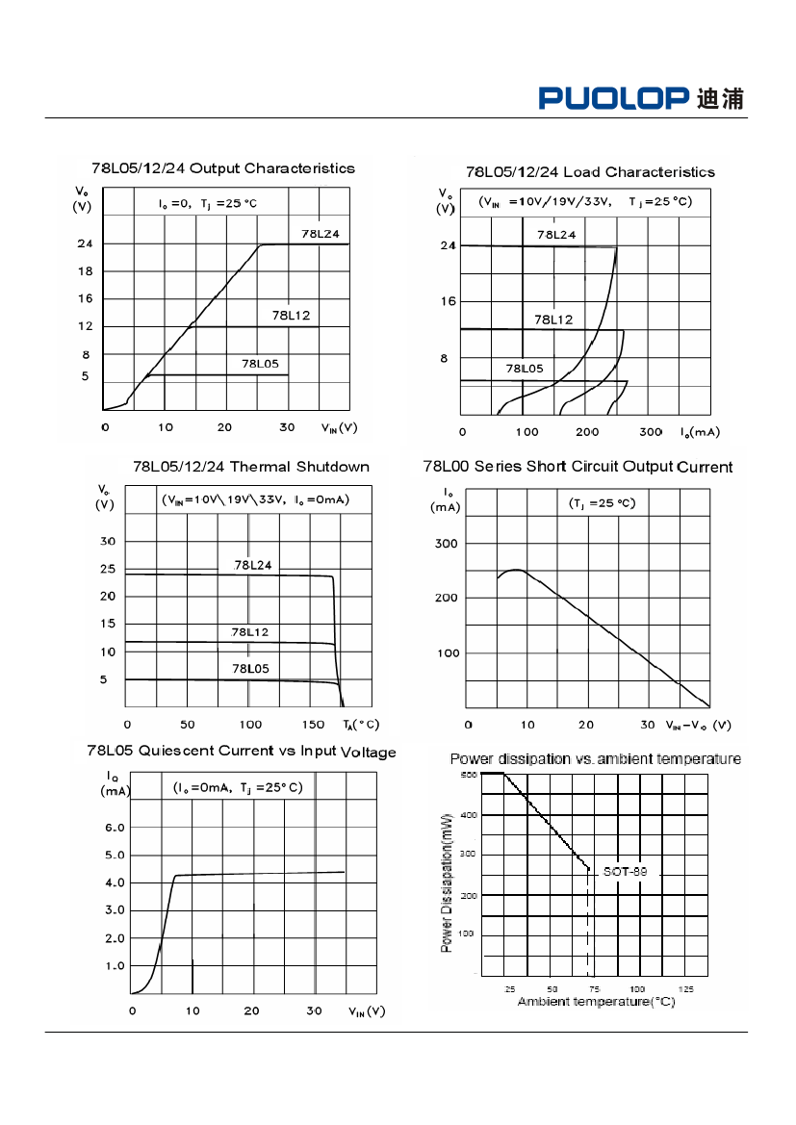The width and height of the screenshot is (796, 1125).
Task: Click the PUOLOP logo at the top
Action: tap(640, 98)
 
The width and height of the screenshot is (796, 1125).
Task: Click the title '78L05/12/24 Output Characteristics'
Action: tap(223, 168)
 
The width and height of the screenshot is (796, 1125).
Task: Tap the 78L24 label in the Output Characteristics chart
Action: tap(320, 234)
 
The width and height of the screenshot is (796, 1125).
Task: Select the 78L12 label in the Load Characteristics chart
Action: tap(553, 320)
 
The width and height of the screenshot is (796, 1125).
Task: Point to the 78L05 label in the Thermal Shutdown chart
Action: tap(250, 668)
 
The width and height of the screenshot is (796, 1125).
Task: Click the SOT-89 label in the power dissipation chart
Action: tap(625, 871)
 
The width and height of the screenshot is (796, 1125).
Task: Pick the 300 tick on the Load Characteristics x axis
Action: tap(651, 432)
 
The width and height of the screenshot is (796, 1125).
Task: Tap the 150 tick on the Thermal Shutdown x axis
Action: tap(314, 724)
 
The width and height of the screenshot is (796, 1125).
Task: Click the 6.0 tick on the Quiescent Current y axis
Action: tap(114, 828)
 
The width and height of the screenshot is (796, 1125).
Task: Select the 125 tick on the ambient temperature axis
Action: tap(686, 989)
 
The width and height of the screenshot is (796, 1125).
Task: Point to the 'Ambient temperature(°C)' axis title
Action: tap(596, 1002)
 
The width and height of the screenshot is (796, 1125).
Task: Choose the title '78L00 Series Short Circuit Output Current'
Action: tap(578, 467)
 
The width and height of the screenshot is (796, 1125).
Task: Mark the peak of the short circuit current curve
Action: tap(517, 570)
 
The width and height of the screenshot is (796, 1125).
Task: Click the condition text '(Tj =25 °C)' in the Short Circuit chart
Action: tap(597, 503)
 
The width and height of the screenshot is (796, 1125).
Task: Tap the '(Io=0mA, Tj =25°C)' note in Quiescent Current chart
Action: tap(238, 787)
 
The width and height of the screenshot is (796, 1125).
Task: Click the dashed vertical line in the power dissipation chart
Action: tap(589, 924)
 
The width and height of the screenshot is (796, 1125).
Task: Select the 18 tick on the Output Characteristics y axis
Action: tap(86, 271)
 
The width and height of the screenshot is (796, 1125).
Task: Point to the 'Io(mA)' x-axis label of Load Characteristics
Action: tap(700, 432)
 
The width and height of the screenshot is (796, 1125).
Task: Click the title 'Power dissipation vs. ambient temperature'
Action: tap(595, 759)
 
